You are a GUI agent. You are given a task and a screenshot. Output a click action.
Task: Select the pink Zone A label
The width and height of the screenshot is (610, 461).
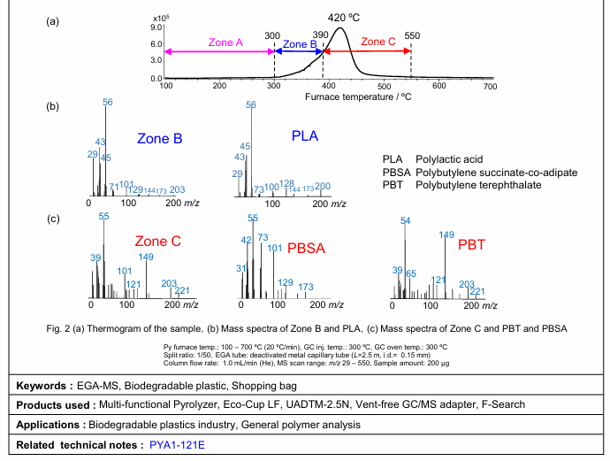pyautogui.click(x=225, y=42)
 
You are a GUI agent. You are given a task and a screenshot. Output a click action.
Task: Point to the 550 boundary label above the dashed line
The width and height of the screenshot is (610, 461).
pyautogui.click(x=412, y=35)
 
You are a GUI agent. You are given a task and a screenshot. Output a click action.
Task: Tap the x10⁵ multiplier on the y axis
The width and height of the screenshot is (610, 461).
pyautogui.click(x=161, y=18)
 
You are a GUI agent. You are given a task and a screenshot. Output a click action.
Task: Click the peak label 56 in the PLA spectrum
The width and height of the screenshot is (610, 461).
pyautogui.click(x=251, y=105)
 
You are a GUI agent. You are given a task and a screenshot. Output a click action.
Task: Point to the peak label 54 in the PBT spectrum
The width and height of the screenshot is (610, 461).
pyautogui.click(x=406, y=221)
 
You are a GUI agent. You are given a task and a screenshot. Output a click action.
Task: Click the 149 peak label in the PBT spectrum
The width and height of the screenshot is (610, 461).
pyautogui.click(x=447, y=235)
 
